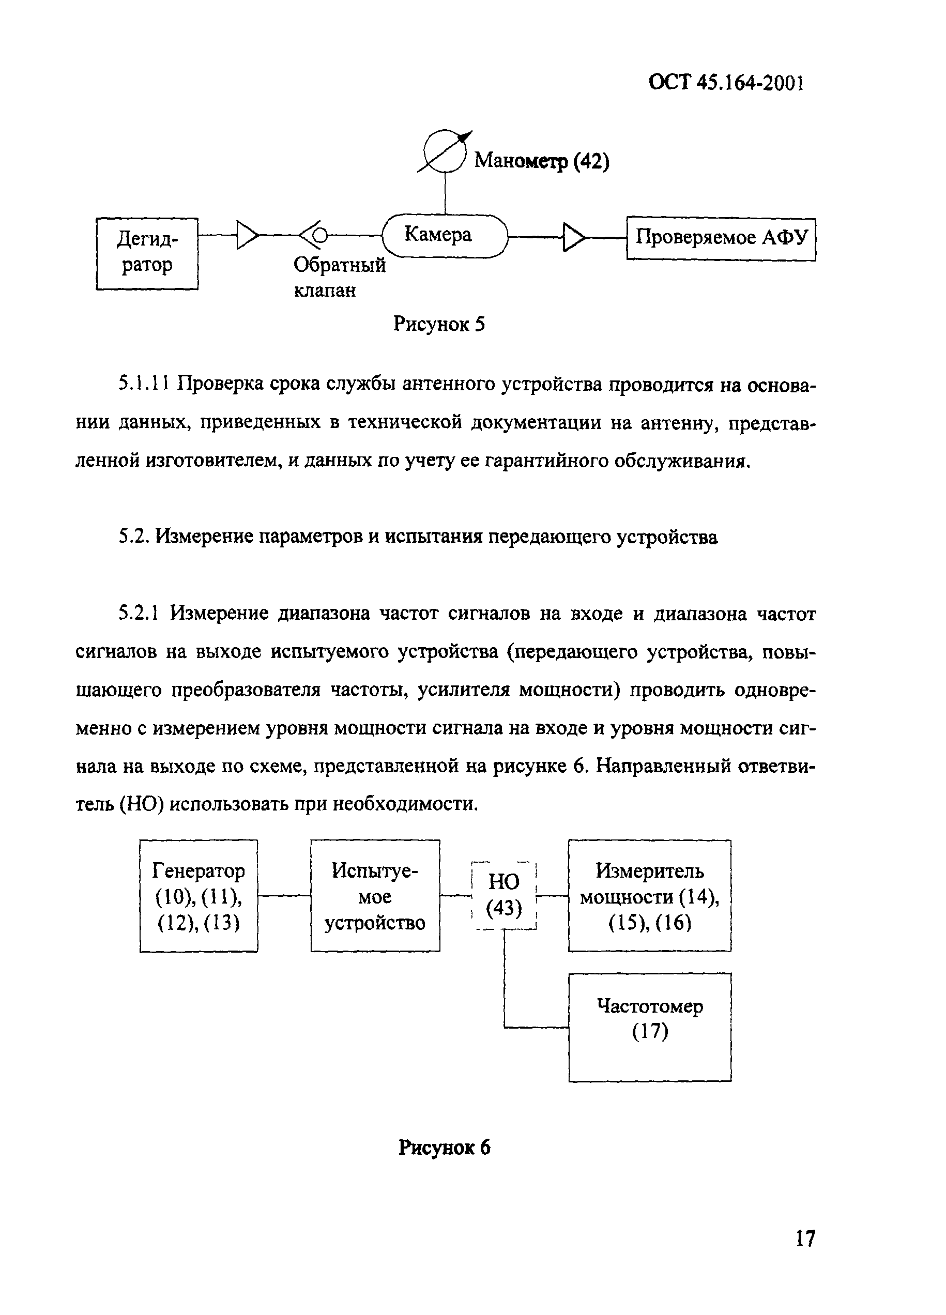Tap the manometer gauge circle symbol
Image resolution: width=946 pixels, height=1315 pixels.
445,151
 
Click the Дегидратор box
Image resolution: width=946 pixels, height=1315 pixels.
147,253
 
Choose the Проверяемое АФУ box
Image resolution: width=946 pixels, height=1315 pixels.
721,239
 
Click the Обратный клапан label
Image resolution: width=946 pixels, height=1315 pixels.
339,277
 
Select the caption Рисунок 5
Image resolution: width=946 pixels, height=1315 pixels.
438,324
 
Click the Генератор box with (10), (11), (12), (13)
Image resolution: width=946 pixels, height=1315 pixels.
199,896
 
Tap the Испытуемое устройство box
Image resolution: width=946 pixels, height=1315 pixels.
375,896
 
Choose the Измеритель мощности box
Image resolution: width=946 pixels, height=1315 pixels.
649,896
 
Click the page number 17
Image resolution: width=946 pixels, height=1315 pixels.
804,1238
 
